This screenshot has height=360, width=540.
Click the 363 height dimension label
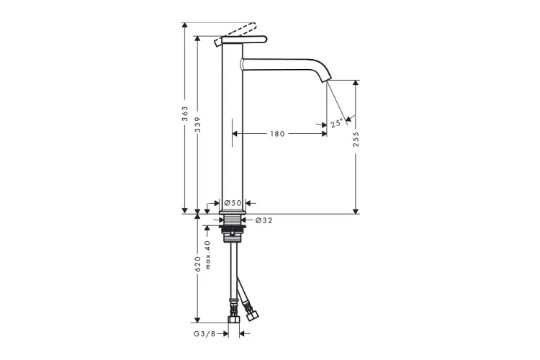185,114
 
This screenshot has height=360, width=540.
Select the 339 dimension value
197,125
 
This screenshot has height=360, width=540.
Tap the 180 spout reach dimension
277,134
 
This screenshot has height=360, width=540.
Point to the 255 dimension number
356,139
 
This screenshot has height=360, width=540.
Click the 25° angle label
337,123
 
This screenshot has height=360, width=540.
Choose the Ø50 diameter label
233,203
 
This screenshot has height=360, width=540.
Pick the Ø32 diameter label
264,220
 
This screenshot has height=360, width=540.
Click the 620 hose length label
197,264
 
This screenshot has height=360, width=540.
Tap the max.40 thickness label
207,255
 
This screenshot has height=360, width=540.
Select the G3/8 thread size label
204,333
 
